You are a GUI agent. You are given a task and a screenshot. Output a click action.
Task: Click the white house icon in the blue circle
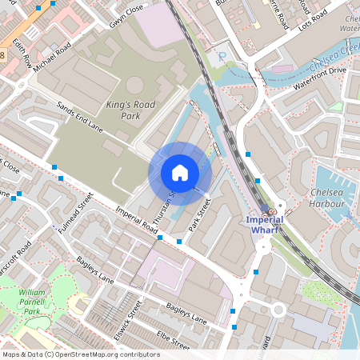pos(180,173)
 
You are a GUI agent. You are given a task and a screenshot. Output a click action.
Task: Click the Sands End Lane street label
pos(80,117)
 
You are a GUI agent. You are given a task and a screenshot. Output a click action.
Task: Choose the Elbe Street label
pos(174,342)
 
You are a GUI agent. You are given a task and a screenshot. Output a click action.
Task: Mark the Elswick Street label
pos(128,319)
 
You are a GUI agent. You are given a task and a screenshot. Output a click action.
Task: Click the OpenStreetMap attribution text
pos(81,354)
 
